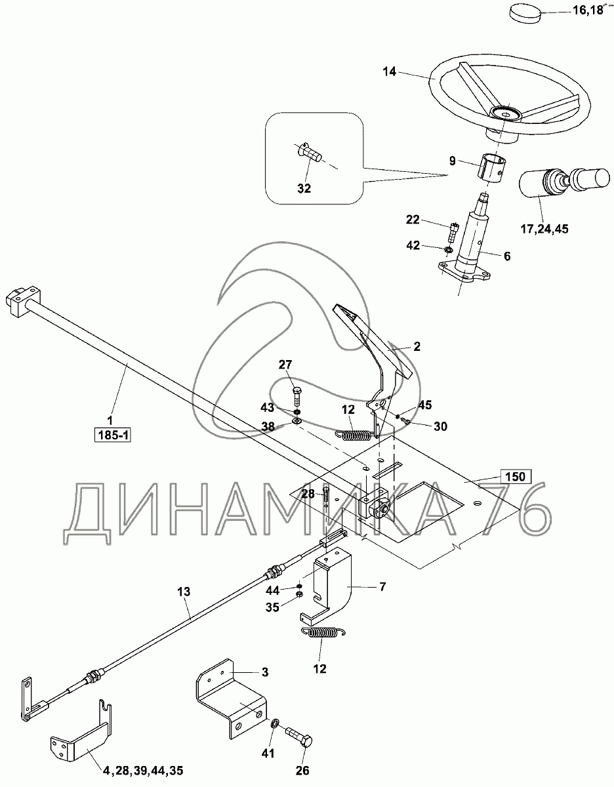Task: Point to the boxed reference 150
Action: pyautogui.click(x=516, y=476)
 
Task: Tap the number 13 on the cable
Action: pyautogui.click(x=184, y=592)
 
